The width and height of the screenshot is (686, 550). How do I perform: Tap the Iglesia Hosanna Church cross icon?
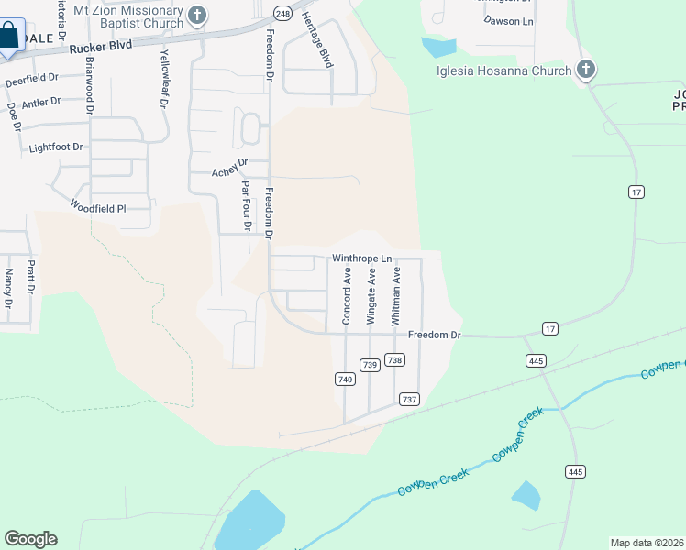(x=587, y=70)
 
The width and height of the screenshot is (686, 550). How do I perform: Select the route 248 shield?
(x=282, y=14)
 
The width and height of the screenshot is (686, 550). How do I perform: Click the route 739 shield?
(x=371, y=365)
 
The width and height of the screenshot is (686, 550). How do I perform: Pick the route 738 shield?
(x=395, y=360)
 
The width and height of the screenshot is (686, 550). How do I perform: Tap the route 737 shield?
(x=409, y=399)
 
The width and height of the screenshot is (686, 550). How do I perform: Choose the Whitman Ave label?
(x=396, y=296)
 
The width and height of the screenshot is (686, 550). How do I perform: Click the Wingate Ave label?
(x=371, y=296)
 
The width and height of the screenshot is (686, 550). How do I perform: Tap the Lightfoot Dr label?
(x=56, y=147)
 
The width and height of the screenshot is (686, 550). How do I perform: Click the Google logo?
(x=30, y=539)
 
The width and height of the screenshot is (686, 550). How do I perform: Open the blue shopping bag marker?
(x=8, y=38)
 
